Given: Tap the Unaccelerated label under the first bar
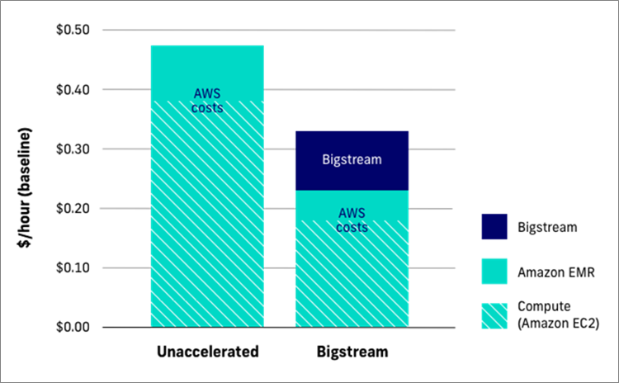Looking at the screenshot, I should click(x=207, y=352).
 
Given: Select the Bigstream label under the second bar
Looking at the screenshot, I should click(x=352, y=352).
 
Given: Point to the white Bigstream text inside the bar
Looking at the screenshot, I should click(x=352, y=160).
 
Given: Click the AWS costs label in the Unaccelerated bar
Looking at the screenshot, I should click(x=207, y=101).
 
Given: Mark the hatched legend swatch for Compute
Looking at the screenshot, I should click(x=494, y=314).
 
